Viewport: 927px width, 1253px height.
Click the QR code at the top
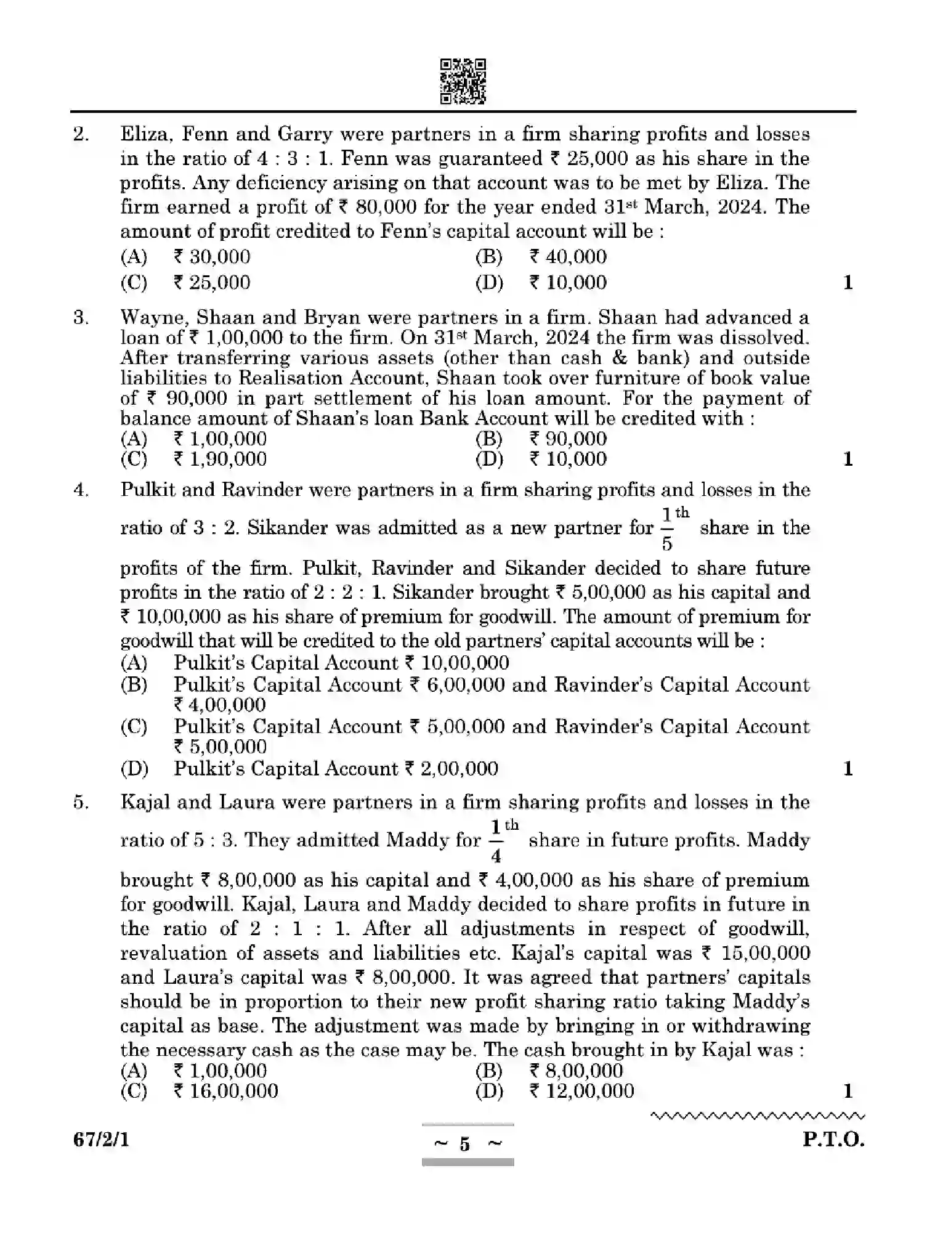463,81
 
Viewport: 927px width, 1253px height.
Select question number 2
80,134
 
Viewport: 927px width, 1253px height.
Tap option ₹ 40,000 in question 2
567,257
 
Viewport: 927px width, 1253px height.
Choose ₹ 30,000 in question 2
211,257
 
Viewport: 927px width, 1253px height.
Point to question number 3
80,318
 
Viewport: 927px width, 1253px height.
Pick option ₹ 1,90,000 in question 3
220,459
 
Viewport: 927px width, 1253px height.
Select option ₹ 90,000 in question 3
567,439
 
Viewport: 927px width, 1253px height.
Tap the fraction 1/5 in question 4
667,529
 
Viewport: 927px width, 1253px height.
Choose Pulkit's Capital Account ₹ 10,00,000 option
341,663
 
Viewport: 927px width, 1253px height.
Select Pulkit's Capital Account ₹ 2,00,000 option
336,768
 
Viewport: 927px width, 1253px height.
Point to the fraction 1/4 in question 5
496,841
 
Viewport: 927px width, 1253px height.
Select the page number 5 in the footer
464,1145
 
